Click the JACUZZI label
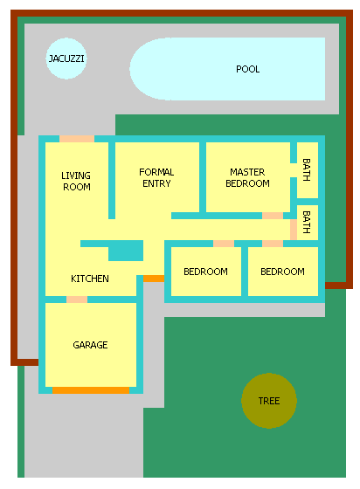66,59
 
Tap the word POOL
247,69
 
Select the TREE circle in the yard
269,401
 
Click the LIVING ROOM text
76,182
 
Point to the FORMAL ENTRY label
156,178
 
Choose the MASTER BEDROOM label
247,178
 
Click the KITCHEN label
90,279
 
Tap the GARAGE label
90,345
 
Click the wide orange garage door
91,390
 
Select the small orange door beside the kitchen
154,279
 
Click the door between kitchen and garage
77,300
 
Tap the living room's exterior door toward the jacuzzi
77,139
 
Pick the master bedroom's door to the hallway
273,216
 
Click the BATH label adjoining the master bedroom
307,170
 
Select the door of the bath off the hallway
294,230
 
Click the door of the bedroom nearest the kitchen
224,244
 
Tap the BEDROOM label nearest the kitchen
205,272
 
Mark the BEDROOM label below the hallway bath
282,272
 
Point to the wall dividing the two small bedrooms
245,272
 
